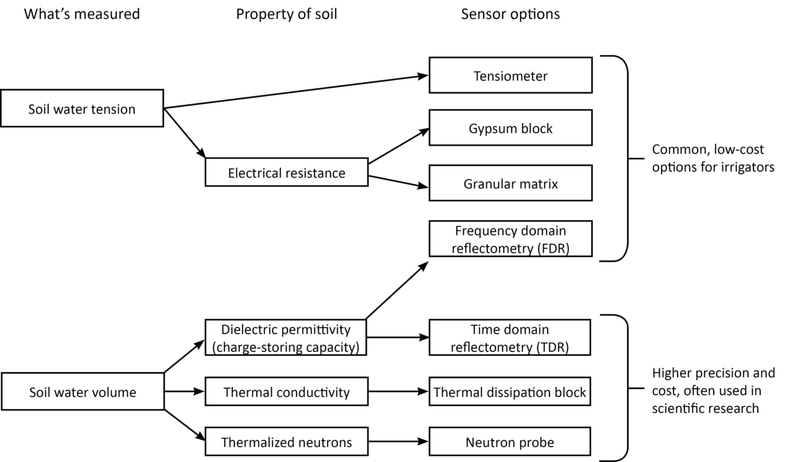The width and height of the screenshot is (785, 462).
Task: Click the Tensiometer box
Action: [x=510, y=76]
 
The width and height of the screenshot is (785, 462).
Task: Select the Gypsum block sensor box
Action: [x=510, y=128]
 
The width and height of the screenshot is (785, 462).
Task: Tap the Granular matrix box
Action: [x=510, y=184]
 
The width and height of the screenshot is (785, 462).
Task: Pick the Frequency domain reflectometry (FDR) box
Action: [x=510, y=239]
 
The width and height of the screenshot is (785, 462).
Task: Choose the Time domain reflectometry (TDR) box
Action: [x=509, y=338]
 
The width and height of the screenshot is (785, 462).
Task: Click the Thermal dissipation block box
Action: [x=509, y=392]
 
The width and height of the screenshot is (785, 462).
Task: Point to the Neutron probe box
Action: [x=509, y=442]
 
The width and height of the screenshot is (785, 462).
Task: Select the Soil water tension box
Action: [x=82, y=109]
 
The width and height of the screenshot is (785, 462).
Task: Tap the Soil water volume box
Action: [x=82, y=392]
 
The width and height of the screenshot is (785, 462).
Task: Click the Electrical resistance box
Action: [x=286, y=173]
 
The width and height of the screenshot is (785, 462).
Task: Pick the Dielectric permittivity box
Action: [x=285, y=338]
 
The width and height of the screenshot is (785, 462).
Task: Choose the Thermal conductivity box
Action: [x=286, y=392]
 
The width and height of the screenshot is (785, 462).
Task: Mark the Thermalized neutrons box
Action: [x=286, y=442]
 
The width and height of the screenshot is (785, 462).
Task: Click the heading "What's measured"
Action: [x=82, y=14]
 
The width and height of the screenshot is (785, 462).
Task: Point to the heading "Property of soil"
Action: [x=286, y=14]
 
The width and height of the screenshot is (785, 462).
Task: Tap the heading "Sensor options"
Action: [x=510, y=14]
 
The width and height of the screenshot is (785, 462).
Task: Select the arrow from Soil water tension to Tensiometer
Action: [x=296, y=92]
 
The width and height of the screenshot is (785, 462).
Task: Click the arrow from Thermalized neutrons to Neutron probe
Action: [x=398, y=442]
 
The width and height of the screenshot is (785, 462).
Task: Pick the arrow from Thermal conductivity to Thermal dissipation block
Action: [x=398, y=391]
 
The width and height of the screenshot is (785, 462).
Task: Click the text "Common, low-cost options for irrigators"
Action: [x=713, y=158]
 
